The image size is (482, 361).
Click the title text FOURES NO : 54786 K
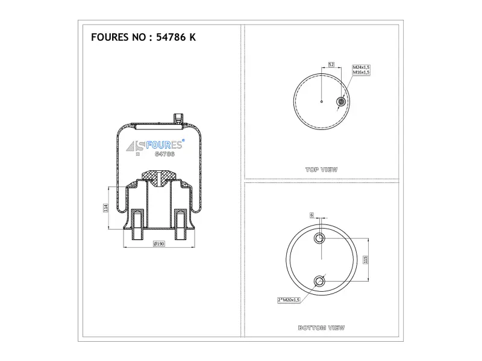(143, 37)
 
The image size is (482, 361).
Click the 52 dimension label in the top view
(331, 64)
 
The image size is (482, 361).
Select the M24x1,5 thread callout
(361, 67)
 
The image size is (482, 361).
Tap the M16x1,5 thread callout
(361, 72)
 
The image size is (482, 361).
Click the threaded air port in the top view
(341, 101)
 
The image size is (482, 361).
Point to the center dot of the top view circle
(322, 101)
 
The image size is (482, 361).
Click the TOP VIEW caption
(322, 170)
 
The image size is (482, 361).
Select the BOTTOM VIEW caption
(321, 328)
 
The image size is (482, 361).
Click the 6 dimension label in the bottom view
(311, 215)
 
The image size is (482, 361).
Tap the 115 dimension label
(366, 259)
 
